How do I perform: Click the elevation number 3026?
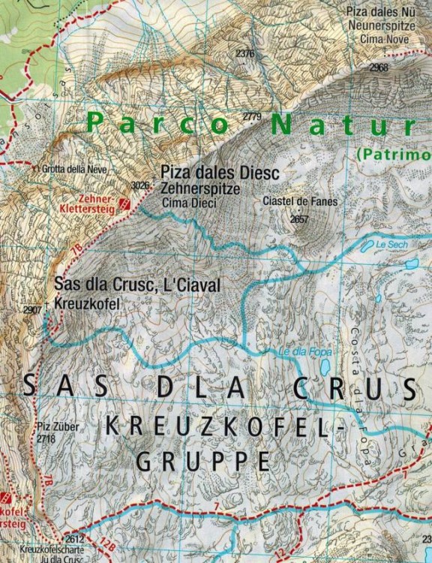pos(139,184)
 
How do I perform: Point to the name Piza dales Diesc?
pos(220,173)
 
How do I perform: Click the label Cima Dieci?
pos(188,203)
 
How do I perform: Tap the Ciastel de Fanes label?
pos(300,201)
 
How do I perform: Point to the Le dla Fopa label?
pos(294,351)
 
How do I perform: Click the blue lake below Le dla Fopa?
pos(324,367)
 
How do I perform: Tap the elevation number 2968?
pos(379,67)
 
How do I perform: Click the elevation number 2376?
pos(244,53)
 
